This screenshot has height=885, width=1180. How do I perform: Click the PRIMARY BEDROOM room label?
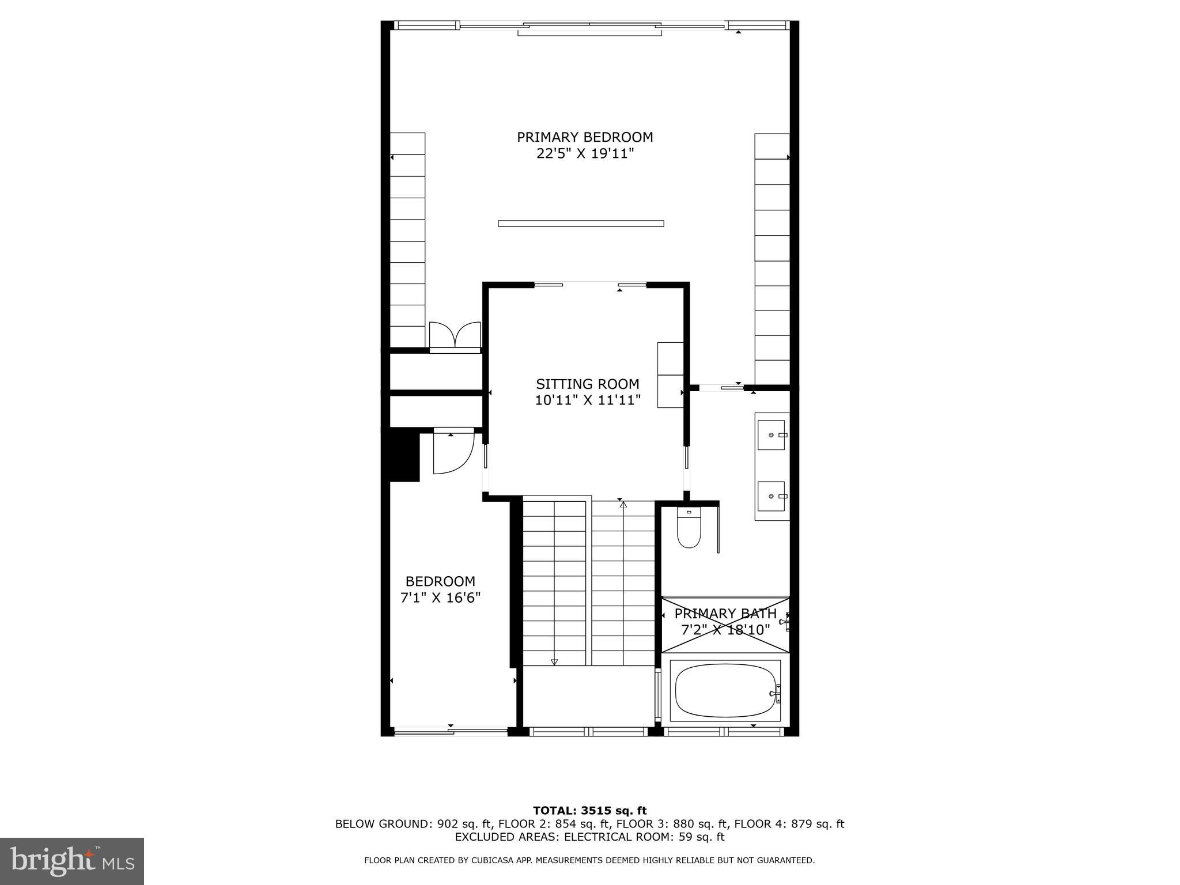point(584,137)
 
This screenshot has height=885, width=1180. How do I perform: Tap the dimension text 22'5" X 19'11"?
point(585,154)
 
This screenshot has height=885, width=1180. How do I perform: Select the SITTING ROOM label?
point(587,384)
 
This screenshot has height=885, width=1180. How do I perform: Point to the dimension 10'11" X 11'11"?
point(587,400)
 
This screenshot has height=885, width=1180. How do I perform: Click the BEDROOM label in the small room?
point(440,581)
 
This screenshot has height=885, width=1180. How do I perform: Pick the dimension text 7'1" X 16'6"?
point(440,598)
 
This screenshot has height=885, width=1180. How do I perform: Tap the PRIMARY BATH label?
point(725,614)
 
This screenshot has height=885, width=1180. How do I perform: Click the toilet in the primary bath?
point(689,528)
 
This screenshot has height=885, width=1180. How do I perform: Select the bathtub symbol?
point(725,690)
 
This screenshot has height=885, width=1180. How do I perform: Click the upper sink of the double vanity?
point(771,435)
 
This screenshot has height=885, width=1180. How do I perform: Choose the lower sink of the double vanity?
point(771,496)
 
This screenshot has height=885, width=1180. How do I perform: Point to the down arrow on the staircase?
point(554,661)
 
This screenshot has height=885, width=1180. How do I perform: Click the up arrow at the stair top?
point(623,505)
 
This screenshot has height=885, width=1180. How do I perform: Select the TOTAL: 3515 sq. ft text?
point(589,811)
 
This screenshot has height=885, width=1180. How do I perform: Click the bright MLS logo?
point(72,861)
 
